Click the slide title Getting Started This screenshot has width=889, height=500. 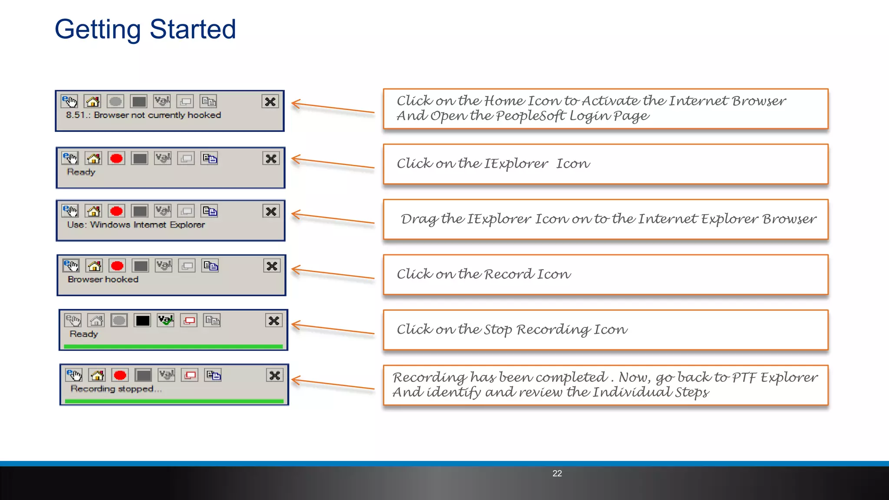click(x=145, y=30)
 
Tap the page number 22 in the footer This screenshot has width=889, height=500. click(x=557, y=474)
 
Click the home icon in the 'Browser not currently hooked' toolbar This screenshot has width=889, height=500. click(x=92, y=102)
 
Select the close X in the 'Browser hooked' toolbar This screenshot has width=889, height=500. click(x=272, y=266)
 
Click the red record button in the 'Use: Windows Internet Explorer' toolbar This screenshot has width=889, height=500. click(x=116, y=211)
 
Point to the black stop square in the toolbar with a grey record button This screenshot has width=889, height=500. click(x=142, y=321)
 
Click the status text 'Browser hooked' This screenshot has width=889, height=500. click(x=103, y=280)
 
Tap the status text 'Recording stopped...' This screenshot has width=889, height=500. click(x=116, y=389)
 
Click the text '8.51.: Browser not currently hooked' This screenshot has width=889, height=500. click(x=143, y=115)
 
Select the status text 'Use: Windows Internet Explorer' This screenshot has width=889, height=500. click(x=136, y=225)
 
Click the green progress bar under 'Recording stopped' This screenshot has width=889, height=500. click(x=174, y=401)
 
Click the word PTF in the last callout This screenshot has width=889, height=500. click(x=744, y=377)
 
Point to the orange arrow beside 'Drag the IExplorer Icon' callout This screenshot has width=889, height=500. click(x=333, y=218)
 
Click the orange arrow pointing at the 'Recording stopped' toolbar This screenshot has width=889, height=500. click(x=333, y=384)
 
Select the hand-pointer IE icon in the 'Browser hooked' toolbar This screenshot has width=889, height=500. click(x=71, y=266)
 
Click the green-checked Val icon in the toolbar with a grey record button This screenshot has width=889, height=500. click(x=165, y=321)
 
